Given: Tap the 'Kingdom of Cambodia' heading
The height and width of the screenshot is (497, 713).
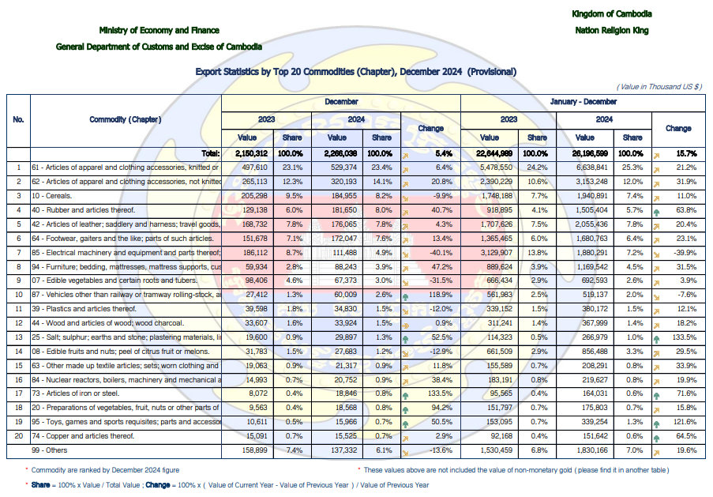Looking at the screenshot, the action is click(612, 13).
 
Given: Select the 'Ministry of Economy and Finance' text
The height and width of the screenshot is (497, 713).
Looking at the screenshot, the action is click(159, 30).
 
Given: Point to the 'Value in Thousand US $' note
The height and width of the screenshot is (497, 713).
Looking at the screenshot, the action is click(659, 86).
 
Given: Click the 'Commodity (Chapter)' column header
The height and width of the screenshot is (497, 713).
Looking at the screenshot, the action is click(125, 119).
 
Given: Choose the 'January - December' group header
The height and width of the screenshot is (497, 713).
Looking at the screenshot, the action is click(583, 101).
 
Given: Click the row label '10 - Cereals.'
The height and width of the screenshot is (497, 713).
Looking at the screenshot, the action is click(52, 196).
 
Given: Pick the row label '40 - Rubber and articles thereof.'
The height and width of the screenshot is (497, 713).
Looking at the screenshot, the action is click(83, 210).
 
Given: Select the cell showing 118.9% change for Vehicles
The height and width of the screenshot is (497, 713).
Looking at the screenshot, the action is click(440, 295).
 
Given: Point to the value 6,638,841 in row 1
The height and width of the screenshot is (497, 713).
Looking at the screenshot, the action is click(591, 168).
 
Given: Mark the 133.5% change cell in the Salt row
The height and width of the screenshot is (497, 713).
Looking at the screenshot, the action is click(685, 337).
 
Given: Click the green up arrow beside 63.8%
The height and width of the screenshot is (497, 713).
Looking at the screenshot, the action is click(656, 212).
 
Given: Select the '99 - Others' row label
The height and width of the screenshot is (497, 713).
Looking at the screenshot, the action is click(49, 450).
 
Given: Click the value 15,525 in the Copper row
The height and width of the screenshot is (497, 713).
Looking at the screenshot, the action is click(346, 436).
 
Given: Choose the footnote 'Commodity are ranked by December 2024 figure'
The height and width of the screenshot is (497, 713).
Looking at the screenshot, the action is click(105, 470).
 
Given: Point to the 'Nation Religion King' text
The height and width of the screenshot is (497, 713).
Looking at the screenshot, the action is click(612, 31).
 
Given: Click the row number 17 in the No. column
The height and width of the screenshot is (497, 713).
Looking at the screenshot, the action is click(19, 393).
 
